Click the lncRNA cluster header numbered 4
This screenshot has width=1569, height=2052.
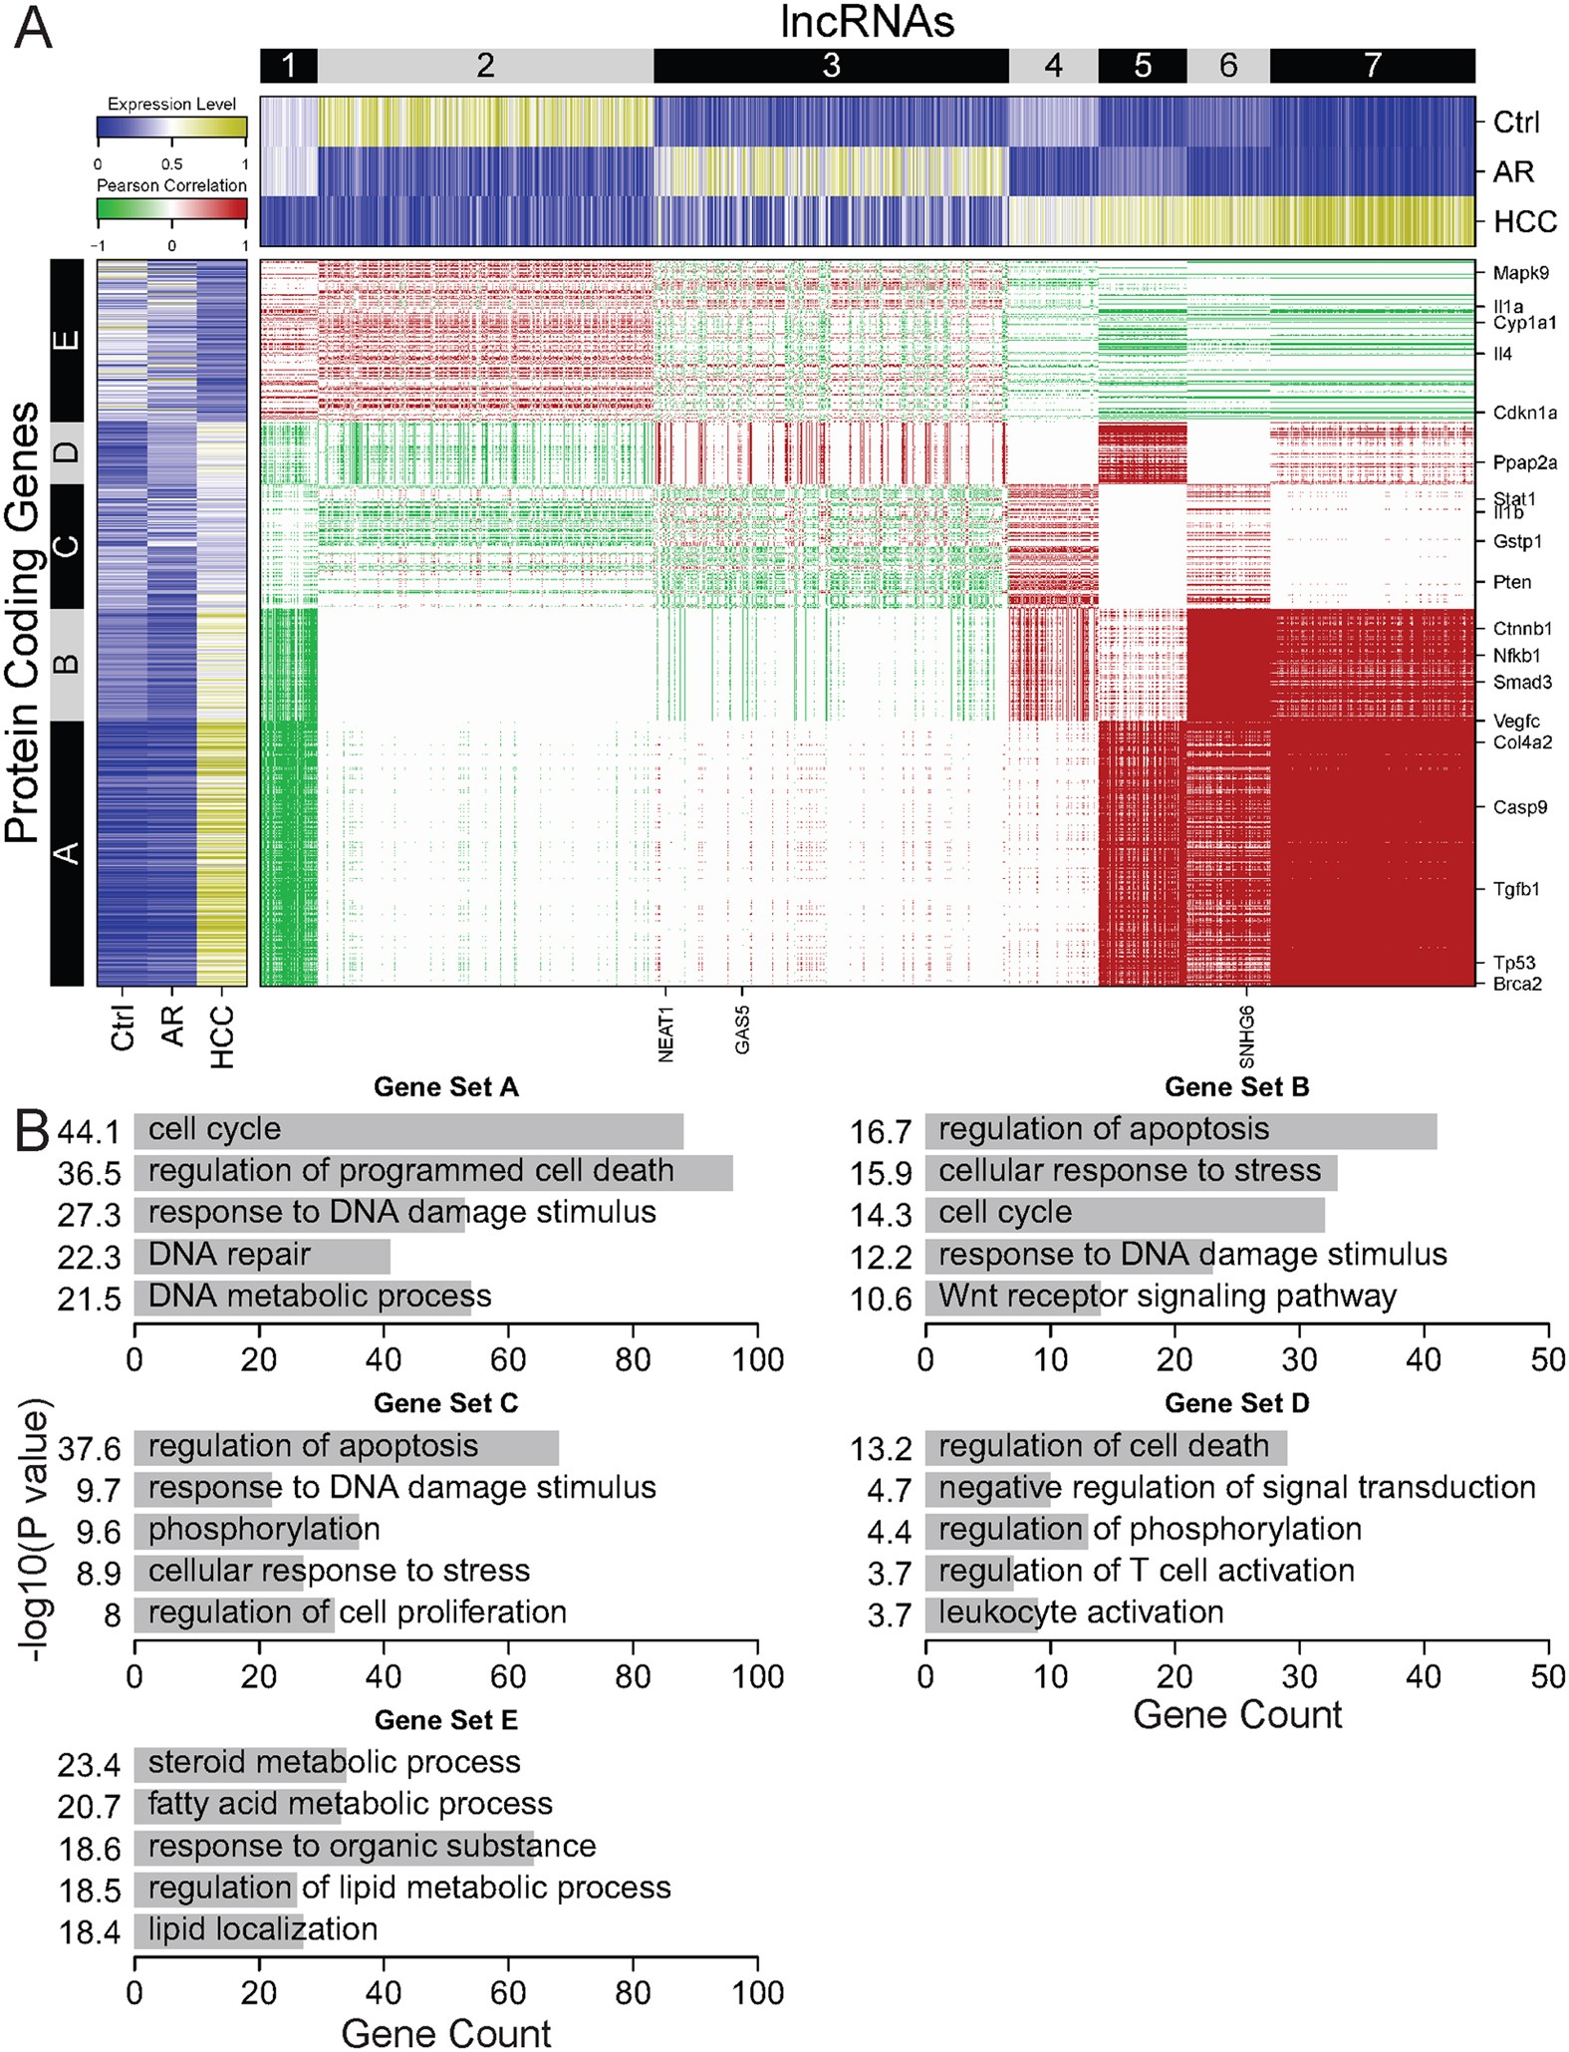[1053, 66]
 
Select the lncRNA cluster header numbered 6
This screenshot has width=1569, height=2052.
[1228, 66]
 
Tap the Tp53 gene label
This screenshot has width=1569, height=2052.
[1514, 963]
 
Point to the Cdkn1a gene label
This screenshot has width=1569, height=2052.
[1524, 413]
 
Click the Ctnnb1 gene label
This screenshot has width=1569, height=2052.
[1522, 629]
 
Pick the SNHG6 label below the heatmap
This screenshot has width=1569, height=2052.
[1247, 1036]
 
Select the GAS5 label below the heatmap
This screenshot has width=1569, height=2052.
[742, 1029]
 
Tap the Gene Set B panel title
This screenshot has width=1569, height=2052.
[1236, 1087]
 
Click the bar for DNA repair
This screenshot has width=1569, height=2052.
[262, 1256]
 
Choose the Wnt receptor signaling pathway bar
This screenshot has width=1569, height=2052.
[1012, 1298]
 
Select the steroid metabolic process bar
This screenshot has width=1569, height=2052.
[240, 1763]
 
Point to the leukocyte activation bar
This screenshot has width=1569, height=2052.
[981, 1613]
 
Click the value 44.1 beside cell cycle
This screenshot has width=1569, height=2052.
[89, 1132]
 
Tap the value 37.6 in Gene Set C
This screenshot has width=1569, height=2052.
[89, 1448]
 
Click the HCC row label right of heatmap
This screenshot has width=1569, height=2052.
[1524, 221]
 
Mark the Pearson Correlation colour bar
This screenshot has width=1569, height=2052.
[171, 208]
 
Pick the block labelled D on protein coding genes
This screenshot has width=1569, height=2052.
[67, 452]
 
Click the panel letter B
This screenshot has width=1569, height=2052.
[32, 1131]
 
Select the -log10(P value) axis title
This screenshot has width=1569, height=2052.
[36, 1535]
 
